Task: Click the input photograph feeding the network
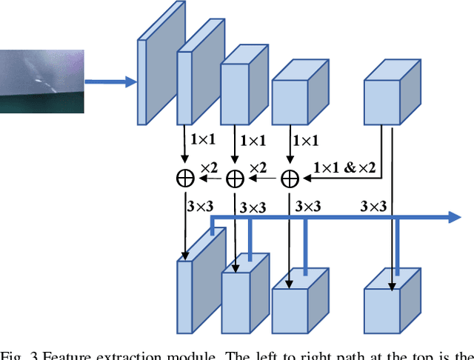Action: point(41,81)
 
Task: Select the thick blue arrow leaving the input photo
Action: point(111,81)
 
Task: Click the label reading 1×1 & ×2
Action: point(344,168)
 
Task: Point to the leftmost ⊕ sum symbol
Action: point(184,178)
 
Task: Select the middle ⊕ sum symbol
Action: point(235,178)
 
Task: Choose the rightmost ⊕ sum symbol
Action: point(290,178)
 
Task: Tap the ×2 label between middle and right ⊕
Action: point(259,168)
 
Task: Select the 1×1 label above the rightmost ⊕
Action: point(306,139)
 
